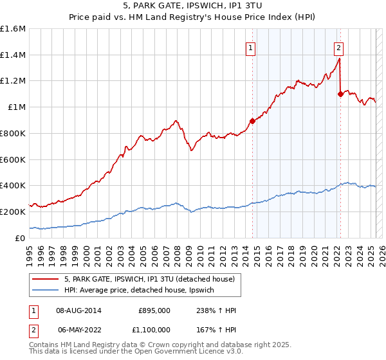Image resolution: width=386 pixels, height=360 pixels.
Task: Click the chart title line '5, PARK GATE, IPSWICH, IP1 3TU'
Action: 192,6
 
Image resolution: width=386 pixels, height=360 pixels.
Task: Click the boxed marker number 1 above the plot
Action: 250,47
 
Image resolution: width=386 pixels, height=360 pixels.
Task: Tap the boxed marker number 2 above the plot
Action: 338,47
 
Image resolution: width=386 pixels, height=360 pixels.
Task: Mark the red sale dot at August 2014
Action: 252,121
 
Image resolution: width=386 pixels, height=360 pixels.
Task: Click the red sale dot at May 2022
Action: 340,94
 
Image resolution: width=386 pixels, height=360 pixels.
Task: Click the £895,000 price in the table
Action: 154,310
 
